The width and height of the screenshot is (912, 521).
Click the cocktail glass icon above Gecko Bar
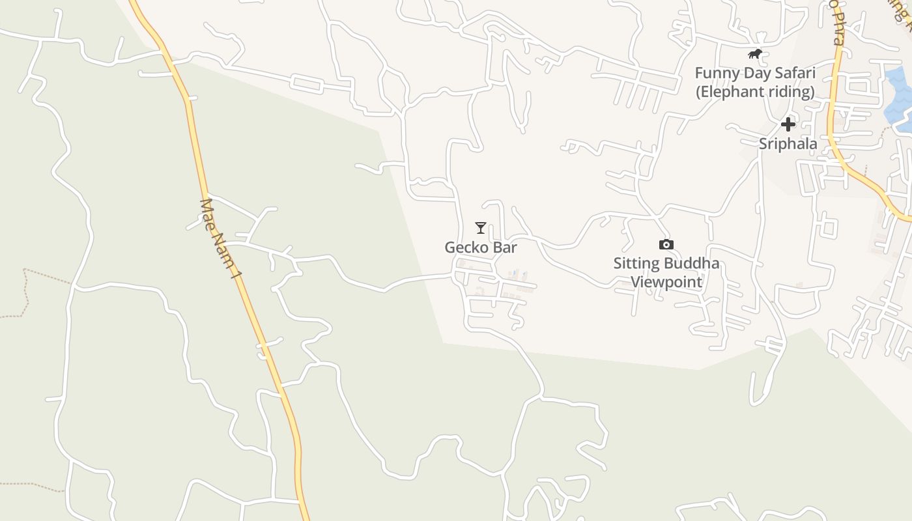(481, 228)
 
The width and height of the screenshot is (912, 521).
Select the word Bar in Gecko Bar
(506, 247)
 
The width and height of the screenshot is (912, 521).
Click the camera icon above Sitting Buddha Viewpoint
(666, 244)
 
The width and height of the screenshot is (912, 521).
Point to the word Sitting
(636, 264)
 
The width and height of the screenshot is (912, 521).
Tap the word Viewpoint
(666, 282)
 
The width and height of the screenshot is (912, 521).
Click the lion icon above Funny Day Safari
(755, 53)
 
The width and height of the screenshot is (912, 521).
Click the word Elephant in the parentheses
(728, 92)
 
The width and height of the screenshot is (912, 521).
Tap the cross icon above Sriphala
(788, 124)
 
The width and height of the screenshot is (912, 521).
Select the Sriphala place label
(788, 143)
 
